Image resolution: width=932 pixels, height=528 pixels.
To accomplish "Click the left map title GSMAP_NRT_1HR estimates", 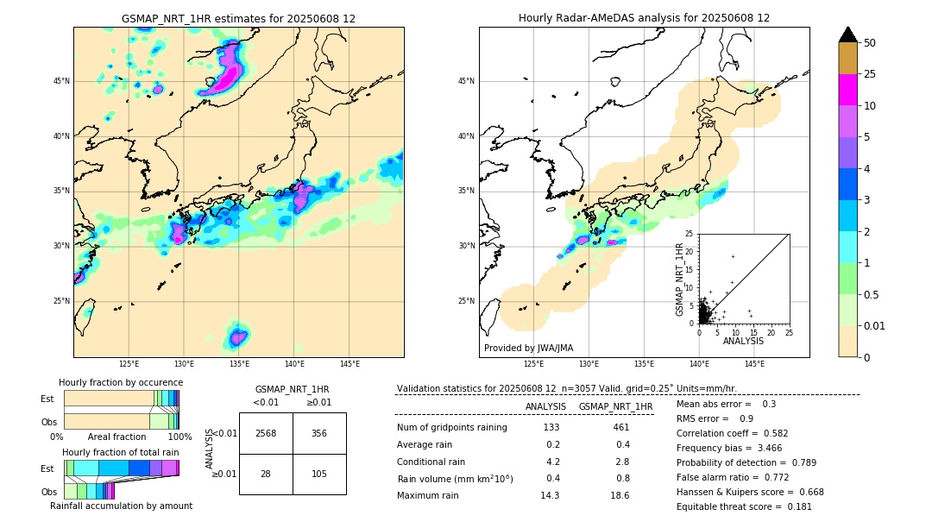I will click(238, 18).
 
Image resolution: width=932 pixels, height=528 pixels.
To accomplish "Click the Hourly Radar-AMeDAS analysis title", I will click(644, 18).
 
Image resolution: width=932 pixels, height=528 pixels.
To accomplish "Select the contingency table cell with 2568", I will click(266, 433).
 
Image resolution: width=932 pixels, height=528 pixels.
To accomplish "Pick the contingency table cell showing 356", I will click(319, 433).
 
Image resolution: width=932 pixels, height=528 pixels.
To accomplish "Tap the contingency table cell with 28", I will click(266, 474).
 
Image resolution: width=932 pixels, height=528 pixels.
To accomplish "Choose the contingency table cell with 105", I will click(319, 474).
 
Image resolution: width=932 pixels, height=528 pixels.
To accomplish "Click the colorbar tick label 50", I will click(870, 43).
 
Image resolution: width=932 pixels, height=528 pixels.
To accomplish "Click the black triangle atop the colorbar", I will click(848, 35).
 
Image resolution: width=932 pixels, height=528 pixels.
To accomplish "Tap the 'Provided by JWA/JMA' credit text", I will click(528, 349).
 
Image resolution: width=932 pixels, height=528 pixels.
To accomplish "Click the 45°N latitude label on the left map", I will click(61, 81).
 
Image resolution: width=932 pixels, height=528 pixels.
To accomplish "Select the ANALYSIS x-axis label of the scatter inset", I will click(743, 341).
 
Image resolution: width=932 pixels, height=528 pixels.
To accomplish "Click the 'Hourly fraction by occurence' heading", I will click(121, 382).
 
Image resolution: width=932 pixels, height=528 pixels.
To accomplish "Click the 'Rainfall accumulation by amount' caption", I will click(121, 506).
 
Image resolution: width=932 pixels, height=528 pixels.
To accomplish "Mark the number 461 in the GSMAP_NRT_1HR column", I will click(620, 427).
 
